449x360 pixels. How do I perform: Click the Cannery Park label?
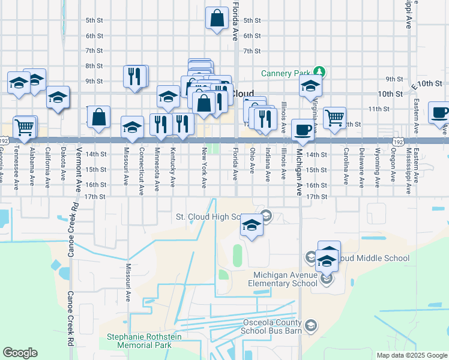click(285, 73)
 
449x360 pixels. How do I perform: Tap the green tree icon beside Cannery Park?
click(321, 73)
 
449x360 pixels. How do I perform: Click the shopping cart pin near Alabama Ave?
click(24, 127)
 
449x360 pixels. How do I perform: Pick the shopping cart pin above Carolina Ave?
click(335, 117)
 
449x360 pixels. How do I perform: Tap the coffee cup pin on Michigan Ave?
click(303, 130)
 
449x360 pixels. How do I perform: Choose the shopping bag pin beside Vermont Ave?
click(99, 117)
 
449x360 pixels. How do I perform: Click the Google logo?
click(20, 353)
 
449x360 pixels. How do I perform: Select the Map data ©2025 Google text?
click(411, 355)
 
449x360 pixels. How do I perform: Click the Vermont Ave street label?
click(79, 169)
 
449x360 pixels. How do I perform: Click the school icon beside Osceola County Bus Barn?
click(311, 326)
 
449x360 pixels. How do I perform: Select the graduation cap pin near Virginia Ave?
click(310, 86)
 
